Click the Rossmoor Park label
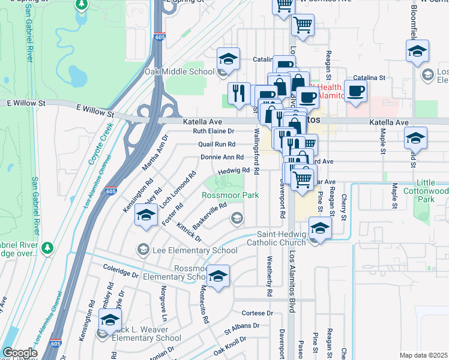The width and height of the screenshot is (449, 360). (230, 195)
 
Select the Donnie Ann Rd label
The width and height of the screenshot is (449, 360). (221, 157)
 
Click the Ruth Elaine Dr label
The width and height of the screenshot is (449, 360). (213, 131)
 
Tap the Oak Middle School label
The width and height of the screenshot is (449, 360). (179, 72)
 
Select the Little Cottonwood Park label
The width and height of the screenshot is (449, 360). (432, 191)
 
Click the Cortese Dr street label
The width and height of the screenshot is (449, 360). (257, 313)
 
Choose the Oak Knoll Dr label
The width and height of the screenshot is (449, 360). (230, 346)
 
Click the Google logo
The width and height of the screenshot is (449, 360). (20, 353)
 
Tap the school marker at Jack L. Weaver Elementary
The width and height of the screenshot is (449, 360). (110, 320)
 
